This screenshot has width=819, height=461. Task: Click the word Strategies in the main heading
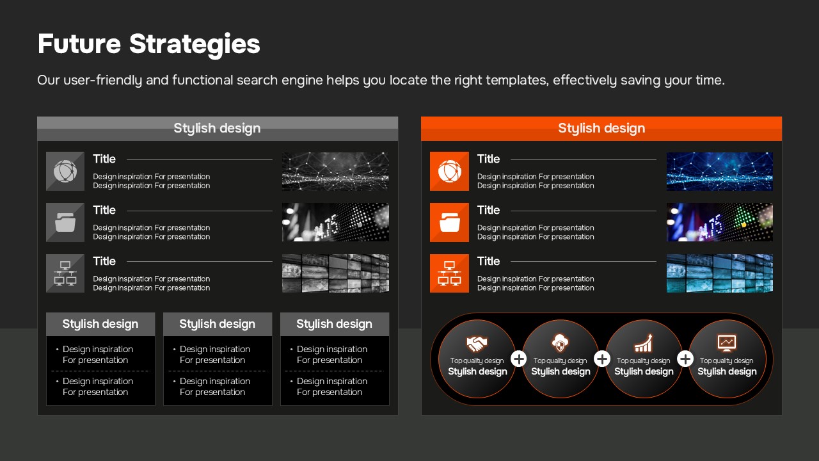pyautogui.click(x=195, y=44)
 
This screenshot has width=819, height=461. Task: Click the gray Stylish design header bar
pyautogui.click(x=218, y=129)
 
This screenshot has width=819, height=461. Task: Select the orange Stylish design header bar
pyautogui.click(x=601, y=129)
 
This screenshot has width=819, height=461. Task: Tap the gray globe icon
pyautogui.click(x=65, y=171)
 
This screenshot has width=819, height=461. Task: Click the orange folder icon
pyautogui.click(x=449, y=222)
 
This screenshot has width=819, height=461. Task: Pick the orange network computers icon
pyautogui.click(x=449, y=273)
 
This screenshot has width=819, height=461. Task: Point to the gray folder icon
pyautogui.click(x=65, y=222)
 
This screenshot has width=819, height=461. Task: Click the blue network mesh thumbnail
pyautogui.click(x=720, y=171)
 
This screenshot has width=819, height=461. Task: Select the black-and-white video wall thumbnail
pyautogui.click(x=335, y=273)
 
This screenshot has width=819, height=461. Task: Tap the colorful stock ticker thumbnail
pyautogui.click(x=720, y=222)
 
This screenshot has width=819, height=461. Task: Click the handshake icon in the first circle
pyautogui.click(x=477, y=343)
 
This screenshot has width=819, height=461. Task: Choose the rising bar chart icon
pyautogui.click(x=644, y=343)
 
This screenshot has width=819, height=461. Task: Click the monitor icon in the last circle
pyautogui.click(x=727, y=343)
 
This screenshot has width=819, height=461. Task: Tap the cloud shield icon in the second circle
pyautogui.click(x=560, y=343)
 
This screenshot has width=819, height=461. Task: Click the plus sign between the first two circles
pyautogui.click(x=519, y=359)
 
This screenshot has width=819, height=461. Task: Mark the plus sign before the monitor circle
pyautogui.click(x=685, y=359)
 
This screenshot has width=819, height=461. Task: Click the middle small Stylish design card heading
pyautogui.click(x=218, y=324)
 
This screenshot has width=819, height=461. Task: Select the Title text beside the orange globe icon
pyautogui.click(x=488, y=159)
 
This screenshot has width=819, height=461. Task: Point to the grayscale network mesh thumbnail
pyautogui.click(x=335, y=171)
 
